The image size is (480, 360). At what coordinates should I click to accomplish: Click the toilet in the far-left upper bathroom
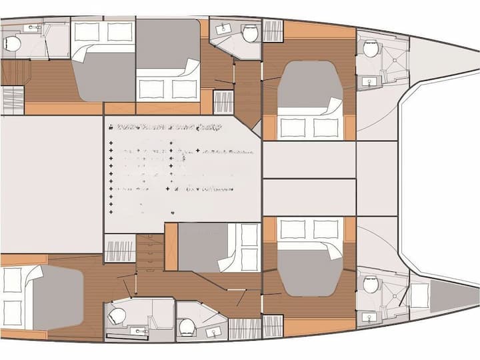(x=12, y=44)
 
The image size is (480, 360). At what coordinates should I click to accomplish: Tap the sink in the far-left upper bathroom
(x=30, y=29)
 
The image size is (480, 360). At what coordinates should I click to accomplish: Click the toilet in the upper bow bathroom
(x=371, y=47)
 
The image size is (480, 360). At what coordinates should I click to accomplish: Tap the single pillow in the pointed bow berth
(x=419, y=295)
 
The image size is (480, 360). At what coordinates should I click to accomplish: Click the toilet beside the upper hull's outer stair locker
(x=250, y=33)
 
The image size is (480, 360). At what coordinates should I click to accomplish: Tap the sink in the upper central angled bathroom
(x=223, y=29)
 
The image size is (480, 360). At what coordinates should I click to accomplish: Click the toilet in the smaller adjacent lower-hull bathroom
(x=188, y=326)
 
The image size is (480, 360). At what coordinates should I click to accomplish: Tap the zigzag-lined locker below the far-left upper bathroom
(x=13, y=100)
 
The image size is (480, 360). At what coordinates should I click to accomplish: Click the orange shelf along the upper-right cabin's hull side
(x=319, y=30)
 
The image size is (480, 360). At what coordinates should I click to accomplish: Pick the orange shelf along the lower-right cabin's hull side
(x=319, y=327)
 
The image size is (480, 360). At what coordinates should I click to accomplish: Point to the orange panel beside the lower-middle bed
(x=171, y=246)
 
